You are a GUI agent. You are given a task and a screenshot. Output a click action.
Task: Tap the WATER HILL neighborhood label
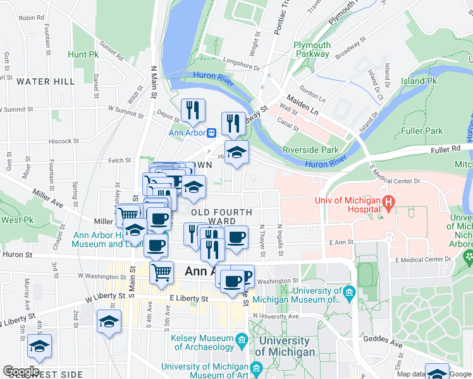coord(46,81)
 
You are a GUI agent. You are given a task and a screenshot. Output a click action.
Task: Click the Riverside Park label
coord(311,150)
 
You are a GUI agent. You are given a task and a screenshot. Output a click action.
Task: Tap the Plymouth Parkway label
coord(312,49)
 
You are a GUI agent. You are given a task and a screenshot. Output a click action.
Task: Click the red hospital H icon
coord(390,202)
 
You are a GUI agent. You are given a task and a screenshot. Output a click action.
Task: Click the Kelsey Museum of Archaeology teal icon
coord(242,342)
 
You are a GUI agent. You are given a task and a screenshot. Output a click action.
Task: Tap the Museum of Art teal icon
coord(256,368)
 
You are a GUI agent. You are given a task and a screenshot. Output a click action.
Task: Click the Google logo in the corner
coord(21,371)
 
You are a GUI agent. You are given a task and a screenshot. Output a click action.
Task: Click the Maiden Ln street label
coord(302,104)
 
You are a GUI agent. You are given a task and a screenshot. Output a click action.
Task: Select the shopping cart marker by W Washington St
coord(162,272)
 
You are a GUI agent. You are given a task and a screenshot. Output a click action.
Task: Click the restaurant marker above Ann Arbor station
coord(193,110)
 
